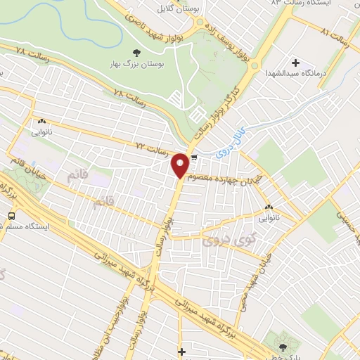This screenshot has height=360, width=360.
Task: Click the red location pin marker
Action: [x=180, y=165]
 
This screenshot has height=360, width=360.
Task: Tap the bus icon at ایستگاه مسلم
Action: [x=11, y=216]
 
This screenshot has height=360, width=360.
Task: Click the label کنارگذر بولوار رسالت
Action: [x=227, y=105]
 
